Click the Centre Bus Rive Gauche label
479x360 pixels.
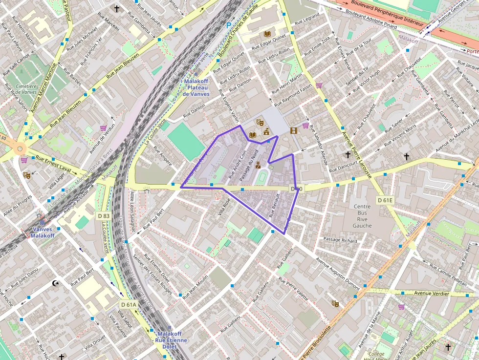pos(362,216)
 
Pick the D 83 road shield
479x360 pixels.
pos(104,215)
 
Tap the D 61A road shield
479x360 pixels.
pos(129,305)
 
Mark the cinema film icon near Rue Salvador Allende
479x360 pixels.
pos(293,130)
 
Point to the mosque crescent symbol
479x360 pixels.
pos(55,283)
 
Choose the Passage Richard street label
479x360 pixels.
pos(340,239)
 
